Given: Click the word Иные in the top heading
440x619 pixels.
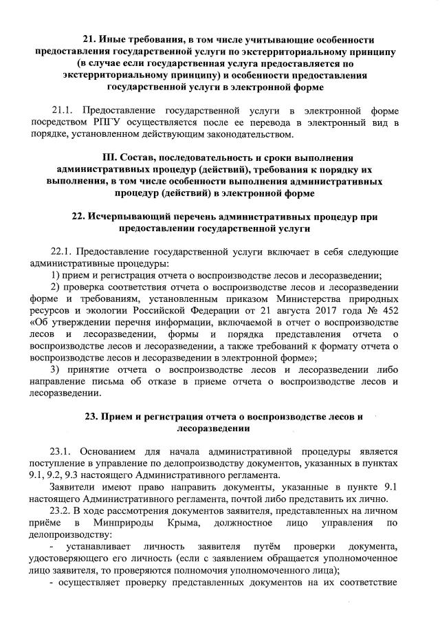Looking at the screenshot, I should pos(115,39).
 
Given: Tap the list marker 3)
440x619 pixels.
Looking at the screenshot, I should pos(58,369).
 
